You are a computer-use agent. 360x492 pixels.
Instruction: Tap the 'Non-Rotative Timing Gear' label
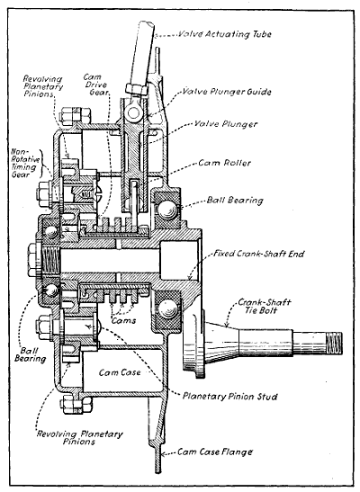20,165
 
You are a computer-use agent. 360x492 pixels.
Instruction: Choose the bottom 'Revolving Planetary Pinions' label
72,437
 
